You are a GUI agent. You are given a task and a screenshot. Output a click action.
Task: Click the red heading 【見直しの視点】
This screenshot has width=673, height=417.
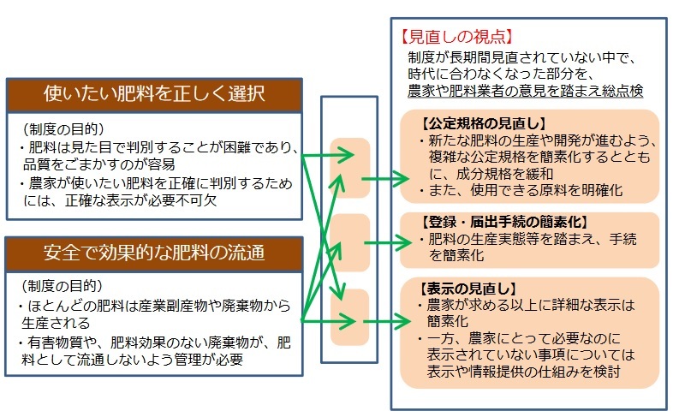(457, 37)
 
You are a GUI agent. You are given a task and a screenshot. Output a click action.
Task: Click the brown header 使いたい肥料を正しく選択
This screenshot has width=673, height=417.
(154, 95)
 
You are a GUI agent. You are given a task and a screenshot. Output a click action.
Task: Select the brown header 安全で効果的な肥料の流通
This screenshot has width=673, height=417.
(154, 254)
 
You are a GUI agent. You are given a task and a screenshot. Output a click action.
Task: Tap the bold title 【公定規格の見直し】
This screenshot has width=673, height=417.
(484, 123)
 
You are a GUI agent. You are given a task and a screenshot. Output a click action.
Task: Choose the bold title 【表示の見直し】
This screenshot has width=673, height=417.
(468, 289)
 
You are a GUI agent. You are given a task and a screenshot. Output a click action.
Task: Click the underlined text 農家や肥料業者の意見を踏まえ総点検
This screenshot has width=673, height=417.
(526, 91)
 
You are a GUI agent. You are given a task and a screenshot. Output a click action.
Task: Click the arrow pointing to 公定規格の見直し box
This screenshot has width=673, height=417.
(386, 178)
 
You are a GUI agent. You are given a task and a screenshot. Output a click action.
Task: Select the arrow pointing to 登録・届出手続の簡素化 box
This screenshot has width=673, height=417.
(388, 243)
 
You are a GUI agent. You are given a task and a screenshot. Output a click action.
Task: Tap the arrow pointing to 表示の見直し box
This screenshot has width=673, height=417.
(387, 321)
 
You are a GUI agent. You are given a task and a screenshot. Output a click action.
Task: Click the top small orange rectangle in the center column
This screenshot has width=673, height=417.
(350, 168)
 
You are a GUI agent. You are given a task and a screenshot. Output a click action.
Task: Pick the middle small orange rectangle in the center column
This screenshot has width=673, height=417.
(350, 243)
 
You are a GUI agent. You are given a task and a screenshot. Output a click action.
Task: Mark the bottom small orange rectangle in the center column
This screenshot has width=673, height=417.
(350, 318)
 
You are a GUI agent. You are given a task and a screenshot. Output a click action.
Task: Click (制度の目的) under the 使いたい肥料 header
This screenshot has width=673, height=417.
(63, 128)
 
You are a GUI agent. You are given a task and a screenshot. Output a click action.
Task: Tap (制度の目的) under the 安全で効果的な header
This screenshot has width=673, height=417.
(63, 286)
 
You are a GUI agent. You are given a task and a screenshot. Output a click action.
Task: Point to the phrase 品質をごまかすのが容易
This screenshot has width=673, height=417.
(99, 164)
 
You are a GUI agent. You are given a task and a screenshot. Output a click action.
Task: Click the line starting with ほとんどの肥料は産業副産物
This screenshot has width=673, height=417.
(155, 306)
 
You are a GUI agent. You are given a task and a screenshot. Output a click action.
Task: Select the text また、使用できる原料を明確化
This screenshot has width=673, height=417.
(522, 190)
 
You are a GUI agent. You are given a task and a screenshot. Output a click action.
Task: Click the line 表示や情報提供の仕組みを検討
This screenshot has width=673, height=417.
(524, 372)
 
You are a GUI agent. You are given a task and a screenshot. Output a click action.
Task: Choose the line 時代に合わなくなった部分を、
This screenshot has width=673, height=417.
(501, 74)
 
